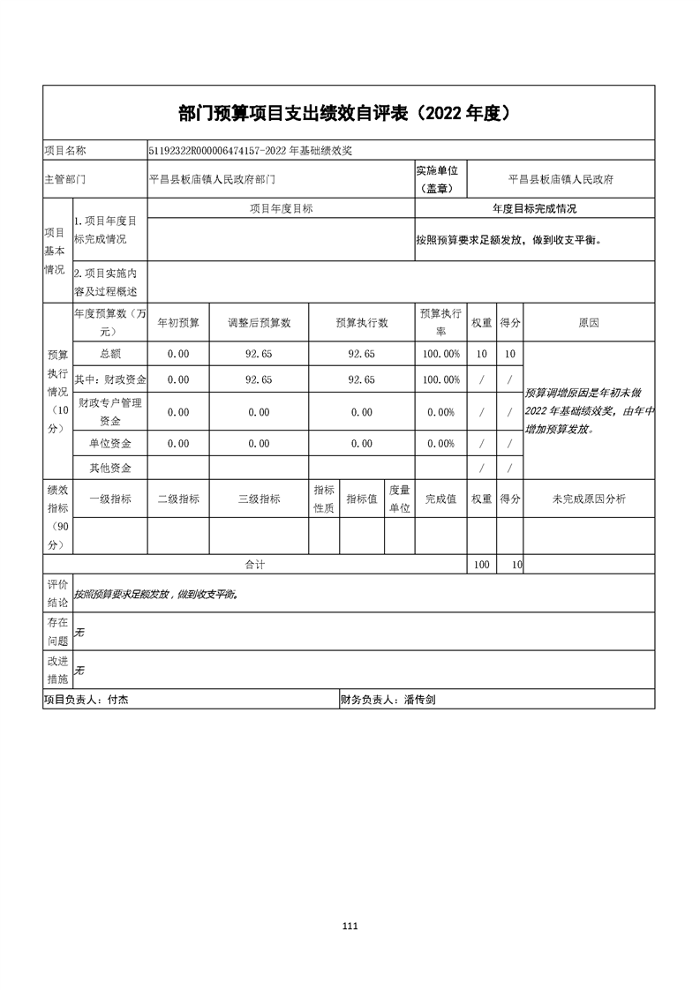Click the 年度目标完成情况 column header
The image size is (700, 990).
tap(534, 209)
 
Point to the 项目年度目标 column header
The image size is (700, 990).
tap(281, 209)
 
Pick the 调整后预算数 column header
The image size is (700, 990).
tap(259, 323)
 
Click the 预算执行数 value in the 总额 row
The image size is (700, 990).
tap(362, 354)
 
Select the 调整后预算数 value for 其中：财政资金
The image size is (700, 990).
tap(259, 379)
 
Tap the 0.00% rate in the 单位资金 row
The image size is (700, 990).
tap(440, 444)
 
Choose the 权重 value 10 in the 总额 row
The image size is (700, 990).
tap(481, 354)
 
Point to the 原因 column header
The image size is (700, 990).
tap(589, 323)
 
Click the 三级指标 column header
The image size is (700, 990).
tap(259, 499)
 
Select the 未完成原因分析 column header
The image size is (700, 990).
tap(589, 499)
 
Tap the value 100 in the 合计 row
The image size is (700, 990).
tap(481, 565)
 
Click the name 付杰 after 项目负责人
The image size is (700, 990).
tap(118, 700)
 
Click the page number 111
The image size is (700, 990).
tap(350, 926)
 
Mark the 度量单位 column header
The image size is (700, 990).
tap(399, 499)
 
